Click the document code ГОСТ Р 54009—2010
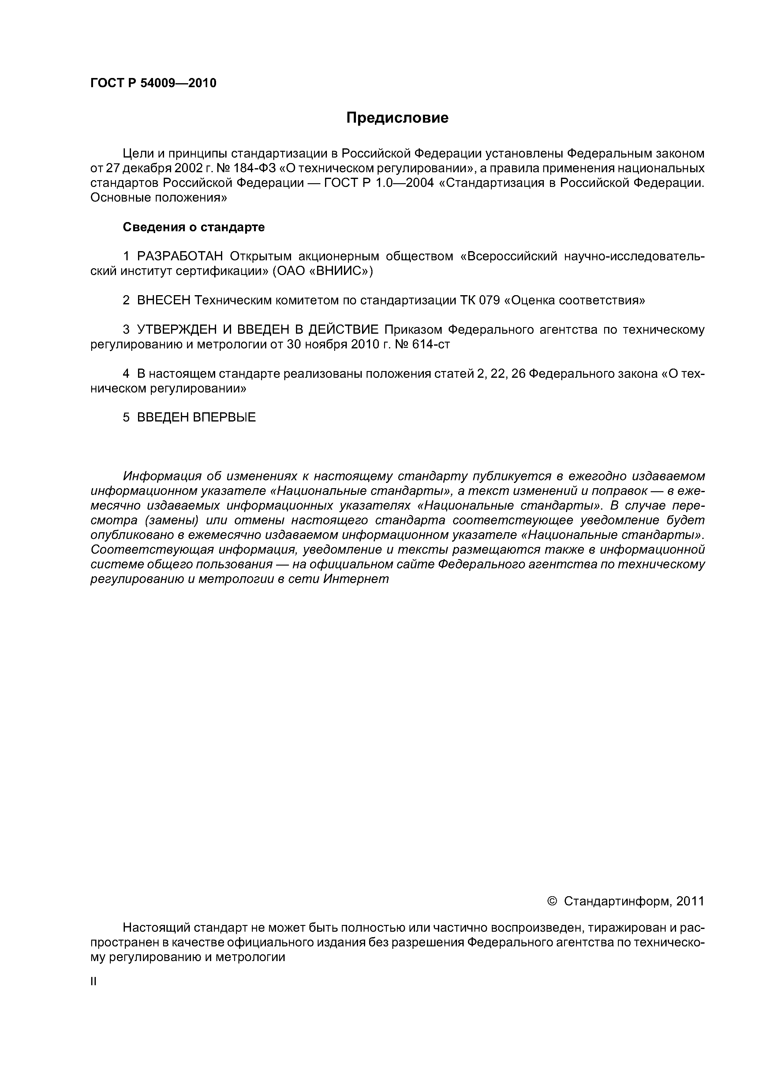(153, 83)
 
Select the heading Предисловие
(397, 118)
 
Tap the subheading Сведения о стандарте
(194, 227)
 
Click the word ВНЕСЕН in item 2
(164, 300)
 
